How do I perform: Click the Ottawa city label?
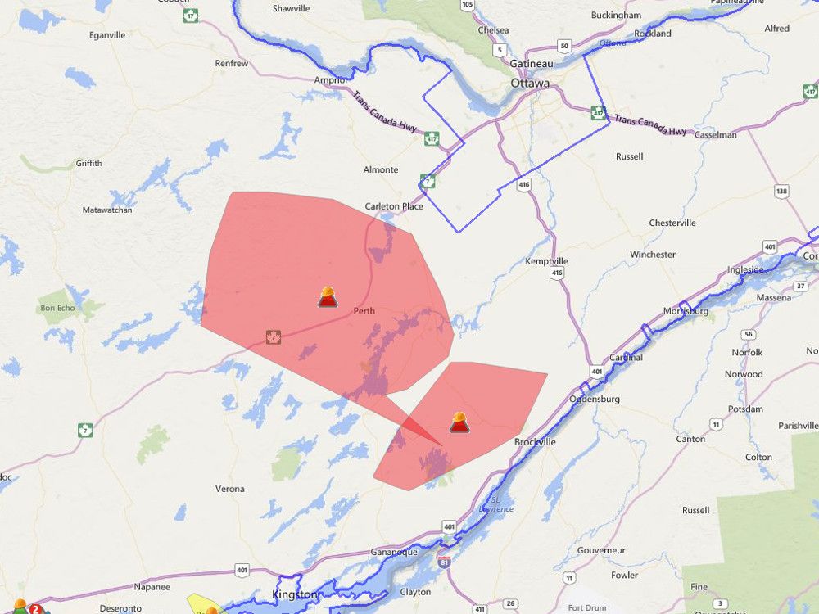tap(530, 84)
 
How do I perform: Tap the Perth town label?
tap(364, 311)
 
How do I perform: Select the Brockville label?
tap(535, 442)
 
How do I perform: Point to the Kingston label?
tap(294, 594)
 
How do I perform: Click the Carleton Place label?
tap(393, 206)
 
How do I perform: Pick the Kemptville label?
tap(546, 261)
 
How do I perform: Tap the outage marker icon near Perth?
tap(328, 297)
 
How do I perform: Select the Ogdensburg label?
tap(595, 400)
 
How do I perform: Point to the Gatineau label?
tap(532, 64)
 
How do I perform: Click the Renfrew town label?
tap(231, 63)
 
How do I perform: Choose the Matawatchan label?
tap(107, 210)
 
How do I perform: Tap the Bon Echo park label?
tap(57, 309)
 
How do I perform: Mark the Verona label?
tap(230, 489)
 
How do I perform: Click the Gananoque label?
tap(395, 552)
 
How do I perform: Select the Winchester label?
tap(653, 255)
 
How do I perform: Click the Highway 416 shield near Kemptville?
tap(557, 273)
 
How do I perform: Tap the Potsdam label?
tap(745, 409)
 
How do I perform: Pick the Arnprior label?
tap(332, 80)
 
